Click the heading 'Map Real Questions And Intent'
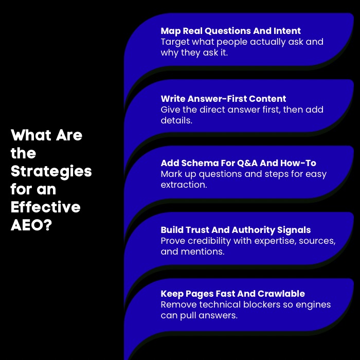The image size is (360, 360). [230, 31]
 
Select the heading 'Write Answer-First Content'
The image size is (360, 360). [223, 99]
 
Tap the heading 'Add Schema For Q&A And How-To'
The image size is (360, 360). [238, 163]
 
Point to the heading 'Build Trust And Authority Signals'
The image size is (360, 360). [236, 230]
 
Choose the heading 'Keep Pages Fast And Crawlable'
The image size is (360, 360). [232, 294]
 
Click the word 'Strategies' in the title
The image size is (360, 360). [51, 171]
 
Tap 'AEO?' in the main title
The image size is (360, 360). [31, 225]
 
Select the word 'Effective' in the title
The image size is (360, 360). [45, 207]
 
